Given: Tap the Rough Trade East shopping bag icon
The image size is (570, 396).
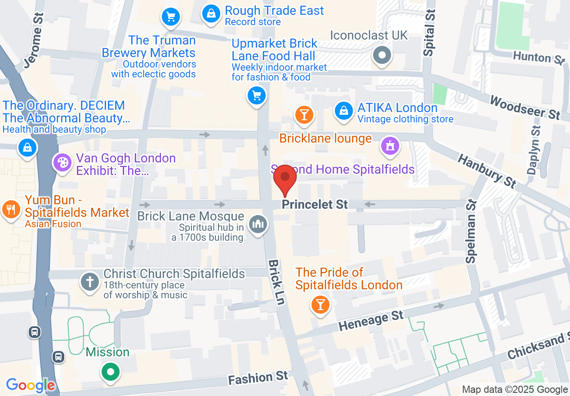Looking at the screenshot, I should [x=210, y=13].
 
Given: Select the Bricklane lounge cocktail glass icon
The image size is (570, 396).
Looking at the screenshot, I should [x=304, y=114].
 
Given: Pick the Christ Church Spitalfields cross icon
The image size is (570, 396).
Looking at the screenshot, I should [x=89, y=282].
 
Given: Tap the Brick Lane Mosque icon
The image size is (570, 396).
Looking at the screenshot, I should [x=258, y=224].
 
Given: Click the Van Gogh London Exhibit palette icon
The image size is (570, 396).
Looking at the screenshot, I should [x=62, y=162].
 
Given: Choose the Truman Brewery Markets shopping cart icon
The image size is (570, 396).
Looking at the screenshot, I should [x=171, y=17].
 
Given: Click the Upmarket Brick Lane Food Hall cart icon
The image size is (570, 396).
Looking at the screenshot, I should [x=257, y=95].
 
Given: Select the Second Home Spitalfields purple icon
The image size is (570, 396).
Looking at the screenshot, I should [x=390, y=146].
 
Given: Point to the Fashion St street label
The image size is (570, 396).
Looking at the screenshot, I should [x=258, y=378].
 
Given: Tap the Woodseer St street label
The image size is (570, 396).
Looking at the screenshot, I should [x=524, y=108].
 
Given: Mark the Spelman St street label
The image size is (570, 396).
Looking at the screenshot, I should [x=471, y=231].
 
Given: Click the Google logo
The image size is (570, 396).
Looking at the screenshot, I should [x=30, y=385].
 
